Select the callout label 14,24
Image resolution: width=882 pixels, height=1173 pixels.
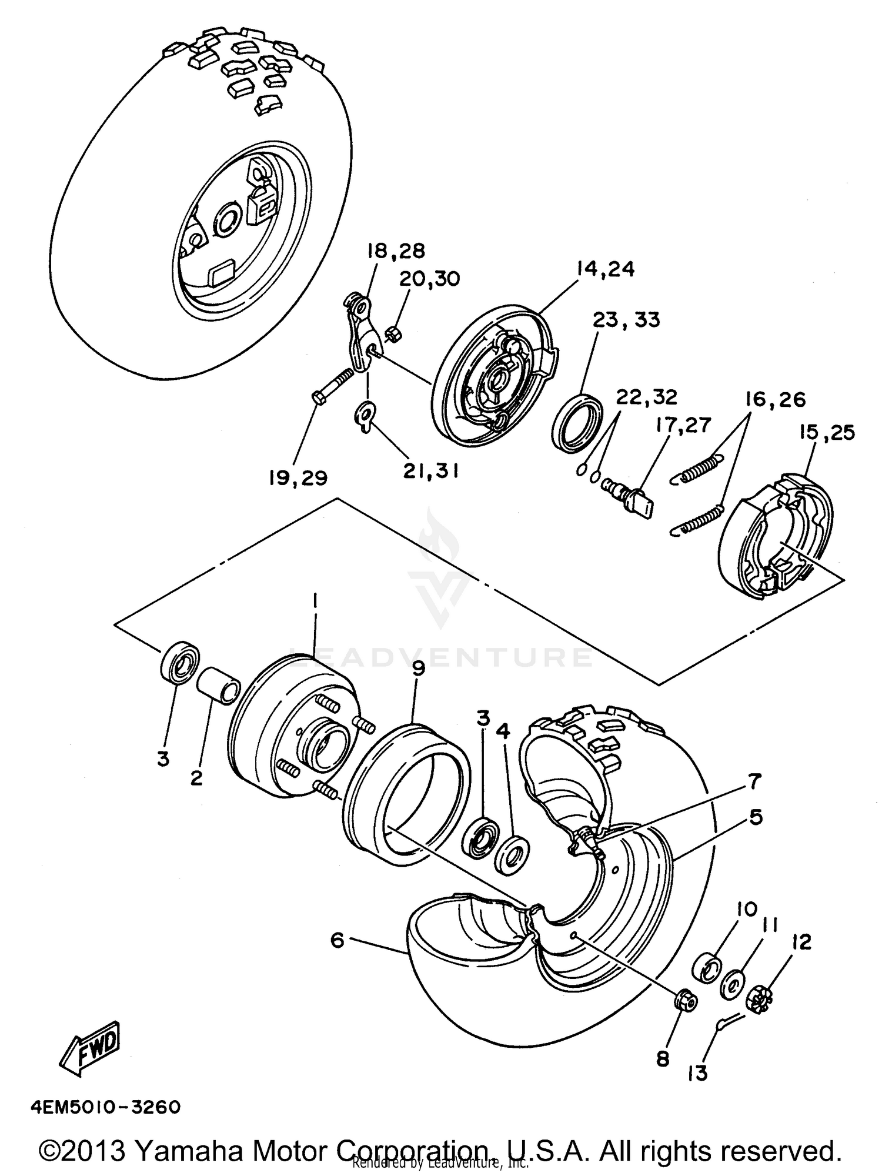[x=606, y=269]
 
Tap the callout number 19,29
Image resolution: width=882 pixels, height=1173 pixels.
[x=298, y=478]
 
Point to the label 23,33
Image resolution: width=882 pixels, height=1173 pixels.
[x=626, y=320]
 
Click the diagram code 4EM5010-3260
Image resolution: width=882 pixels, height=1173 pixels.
[x=103, y=1107]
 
